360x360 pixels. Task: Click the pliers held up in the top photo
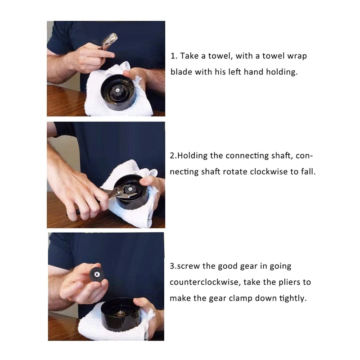pos(108,41)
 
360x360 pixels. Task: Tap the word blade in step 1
pos(181,72)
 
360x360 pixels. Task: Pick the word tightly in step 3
pos(291,298)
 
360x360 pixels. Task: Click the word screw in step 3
pos(188,266)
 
